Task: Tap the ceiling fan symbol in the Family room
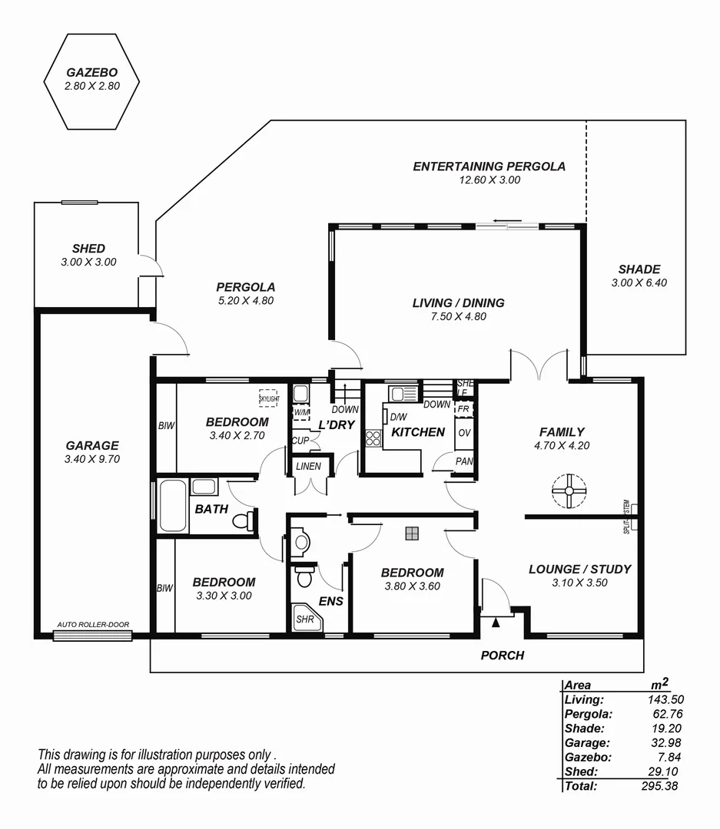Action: point(569,491)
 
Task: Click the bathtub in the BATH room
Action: point(173,506)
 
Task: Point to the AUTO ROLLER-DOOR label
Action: point(92,625)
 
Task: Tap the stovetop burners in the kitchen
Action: point(373,438)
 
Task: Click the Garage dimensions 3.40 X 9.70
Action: point(92,459)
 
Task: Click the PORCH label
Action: point(502,656)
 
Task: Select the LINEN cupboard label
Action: point(308,466)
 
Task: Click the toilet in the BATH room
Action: point(244,521)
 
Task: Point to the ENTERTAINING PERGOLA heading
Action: point(489,166)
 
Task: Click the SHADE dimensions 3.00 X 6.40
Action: point(639,283)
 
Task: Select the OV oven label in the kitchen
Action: point(463,433)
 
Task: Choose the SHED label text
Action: point(88,249)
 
